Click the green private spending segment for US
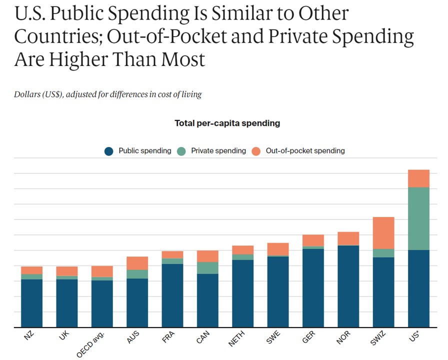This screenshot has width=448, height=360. pyautogui.click(x=418, y=218)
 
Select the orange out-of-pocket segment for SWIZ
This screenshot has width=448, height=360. pyautogui.click(x=383, y=232)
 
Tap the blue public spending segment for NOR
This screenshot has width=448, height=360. pyautogui.click(x=348, y=286)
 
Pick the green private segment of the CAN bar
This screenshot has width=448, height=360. pyautogui.click(x=207, y=267)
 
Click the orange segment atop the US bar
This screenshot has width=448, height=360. pyautogui.click(x=418, y=178)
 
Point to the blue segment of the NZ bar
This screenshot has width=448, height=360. pyautogui.click(x=31, y=303)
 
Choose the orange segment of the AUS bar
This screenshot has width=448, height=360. pyautogui.click(x=137, y=263)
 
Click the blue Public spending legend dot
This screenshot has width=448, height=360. pyautogui.click(x=109, y=151)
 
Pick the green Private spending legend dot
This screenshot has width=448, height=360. pyautogui.click(x=181, y=151)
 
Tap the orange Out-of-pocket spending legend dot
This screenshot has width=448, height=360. pyautogui.click(x=256, y=151)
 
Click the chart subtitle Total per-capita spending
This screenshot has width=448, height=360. pyautogui.click(x=227, y=123)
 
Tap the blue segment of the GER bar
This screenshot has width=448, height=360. pyautogui.click(x=313, y=287)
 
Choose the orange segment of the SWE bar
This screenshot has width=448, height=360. pyautogui.click(x=278, y=249)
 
